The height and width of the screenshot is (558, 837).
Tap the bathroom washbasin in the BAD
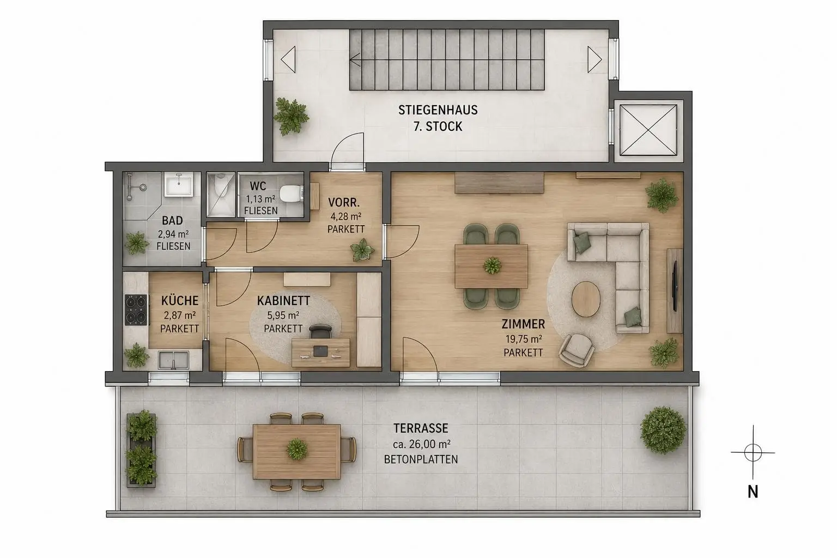179,184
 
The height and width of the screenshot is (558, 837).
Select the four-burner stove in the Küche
136,310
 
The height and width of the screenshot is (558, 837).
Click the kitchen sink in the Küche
173,360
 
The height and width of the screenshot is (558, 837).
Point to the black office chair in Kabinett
320,331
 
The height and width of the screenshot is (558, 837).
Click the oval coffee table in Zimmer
586,299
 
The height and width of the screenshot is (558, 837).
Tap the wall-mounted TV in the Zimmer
675,286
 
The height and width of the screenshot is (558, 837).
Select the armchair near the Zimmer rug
577,350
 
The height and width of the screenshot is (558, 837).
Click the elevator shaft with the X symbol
648,130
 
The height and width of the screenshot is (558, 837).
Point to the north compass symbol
753,452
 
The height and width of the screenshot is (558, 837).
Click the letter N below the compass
753,492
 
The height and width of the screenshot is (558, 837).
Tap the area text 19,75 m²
524,339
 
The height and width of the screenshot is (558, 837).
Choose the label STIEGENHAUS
438,110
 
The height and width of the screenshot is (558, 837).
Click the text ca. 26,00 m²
421,444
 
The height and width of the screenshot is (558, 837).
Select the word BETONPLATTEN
421,459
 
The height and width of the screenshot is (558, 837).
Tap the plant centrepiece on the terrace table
297,449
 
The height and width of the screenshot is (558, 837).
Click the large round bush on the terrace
663,430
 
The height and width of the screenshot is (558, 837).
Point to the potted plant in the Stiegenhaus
291,116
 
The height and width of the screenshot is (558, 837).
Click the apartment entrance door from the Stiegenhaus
348,151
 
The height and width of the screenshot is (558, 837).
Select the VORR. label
344,203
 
